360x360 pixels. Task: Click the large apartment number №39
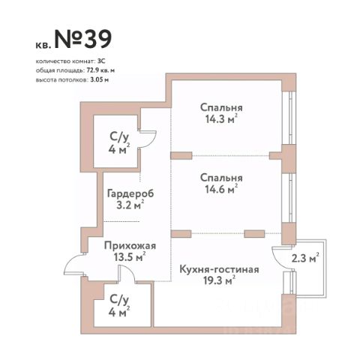(x=83, y=40)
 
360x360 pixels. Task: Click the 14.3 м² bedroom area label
(x=221, y=119)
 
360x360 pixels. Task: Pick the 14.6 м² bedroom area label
(x=221, y=189)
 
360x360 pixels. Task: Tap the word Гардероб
(x=130, y=193)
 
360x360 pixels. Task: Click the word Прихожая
(x=130, y=246)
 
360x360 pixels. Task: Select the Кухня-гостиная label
(x=219, y=269)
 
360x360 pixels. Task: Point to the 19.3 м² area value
(x=219, y=280)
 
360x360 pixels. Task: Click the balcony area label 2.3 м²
(x=305, y=258)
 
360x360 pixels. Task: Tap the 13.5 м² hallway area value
(x=130, y=256)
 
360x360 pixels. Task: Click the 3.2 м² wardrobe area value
(x=130, y=205)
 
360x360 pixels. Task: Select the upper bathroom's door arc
(x=152, y=142)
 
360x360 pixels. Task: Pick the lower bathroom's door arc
(x=130, y=271)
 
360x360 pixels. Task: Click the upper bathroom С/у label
(x=119, y=137)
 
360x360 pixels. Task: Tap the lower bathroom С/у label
(x=119, y=299)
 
